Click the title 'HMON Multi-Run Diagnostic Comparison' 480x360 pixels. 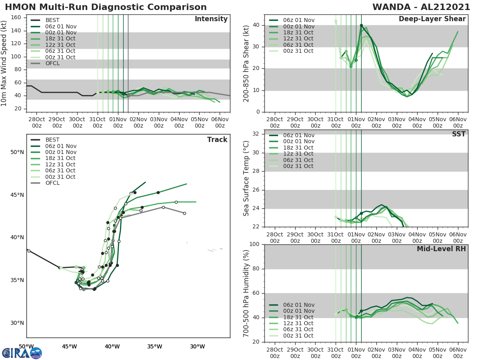tap(106, 7)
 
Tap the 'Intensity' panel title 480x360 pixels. tap(211, 19)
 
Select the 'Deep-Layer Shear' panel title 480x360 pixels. tap(432, 19)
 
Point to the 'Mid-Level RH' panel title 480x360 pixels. tap(441, 249)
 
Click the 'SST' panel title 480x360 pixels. tap(459, 134)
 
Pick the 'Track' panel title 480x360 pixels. tap(217, 140)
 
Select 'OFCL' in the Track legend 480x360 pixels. tap(52, 183)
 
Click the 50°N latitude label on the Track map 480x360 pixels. tap(17, 152)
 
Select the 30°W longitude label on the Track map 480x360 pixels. tap(197, 346)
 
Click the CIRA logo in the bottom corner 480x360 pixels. tap(22, 353)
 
